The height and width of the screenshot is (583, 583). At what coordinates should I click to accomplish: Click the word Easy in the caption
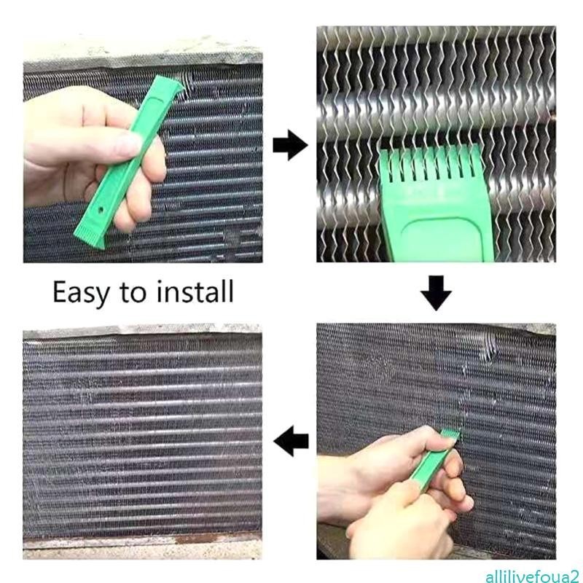click(x=81, y=293)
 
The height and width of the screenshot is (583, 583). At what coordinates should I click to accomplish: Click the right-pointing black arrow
click(x=290, y=145)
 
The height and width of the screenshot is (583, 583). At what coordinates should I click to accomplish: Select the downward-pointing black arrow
click(x=436, y=293)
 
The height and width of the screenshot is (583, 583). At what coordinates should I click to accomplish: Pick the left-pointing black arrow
click(x=291, y=441)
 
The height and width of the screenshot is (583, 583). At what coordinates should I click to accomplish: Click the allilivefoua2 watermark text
click(x=533, y=576)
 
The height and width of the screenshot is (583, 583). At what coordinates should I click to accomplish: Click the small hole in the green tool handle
click(x=101, y=210)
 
